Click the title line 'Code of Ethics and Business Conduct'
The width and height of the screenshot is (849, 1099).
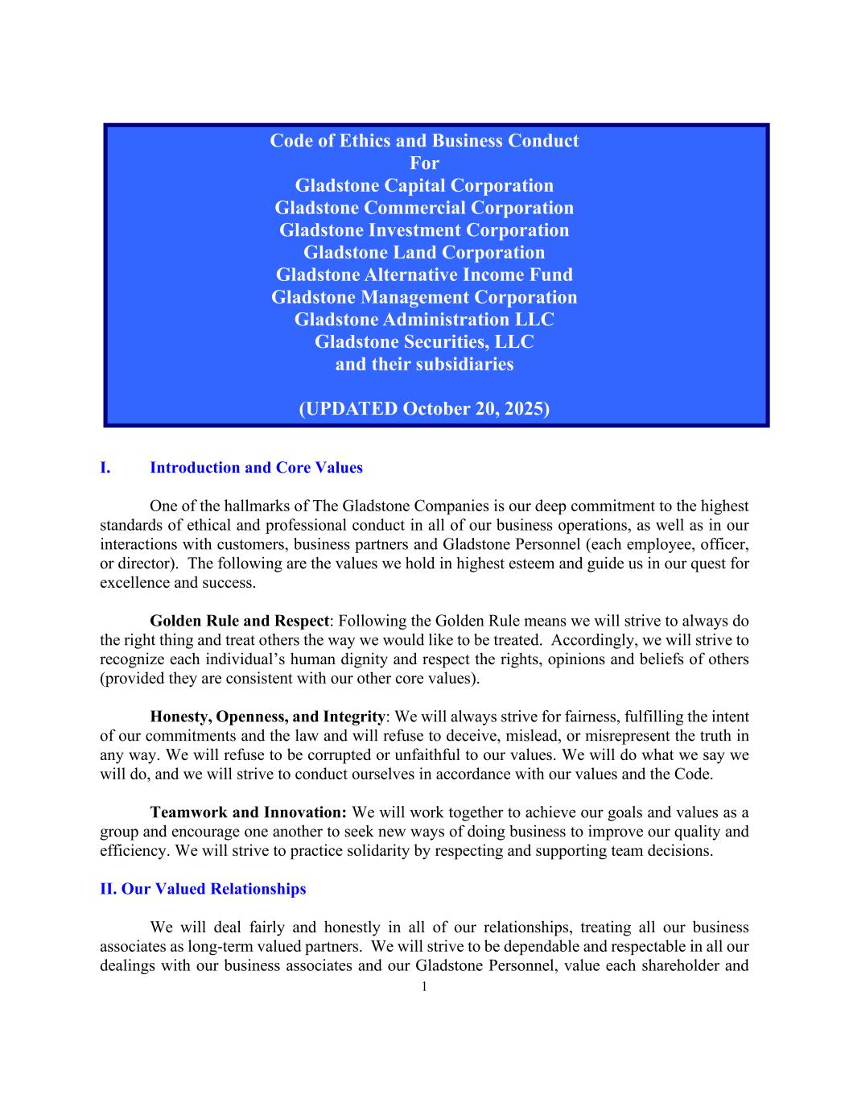424,141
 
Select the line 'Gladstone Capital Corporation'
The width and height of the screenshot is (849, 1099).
424,186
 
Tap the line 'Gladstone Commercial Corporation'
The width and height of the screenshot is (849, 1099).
424,208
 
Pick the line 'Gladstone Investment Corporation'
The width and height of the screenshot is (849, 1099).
424,230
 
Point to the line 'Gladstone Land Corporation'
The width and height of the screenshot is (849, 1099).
424,253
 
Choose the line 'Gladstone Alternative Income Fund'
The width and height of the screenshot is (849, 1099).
424,275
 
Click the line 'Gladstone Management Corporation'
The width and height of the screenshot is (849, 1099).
424,297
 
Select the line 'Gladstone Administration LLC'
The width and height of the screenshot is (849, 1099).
424,320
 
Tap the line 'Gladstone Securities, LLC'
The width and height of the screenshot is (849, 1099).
424,342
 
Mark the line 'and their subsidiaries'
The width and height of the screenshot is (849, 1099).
424,364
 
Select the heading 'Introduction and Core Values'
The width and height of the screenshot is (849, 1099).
256,468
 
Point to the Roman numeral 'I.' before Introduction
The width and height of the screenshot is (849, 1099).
105,468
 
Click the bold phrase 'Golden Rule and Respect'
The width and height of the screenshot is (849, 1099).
239,621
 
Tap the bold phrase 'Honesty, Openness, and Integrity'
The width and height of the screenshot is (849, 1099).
267,717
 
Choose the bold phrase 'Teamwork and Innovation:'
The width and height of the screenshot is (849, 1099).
248,812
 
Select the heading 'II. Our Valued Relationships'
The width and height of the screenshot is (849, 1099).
203,889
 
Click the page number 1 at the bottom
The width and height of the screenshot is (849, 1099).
424,987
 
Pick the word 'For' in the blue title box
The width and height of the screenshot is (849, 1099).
424,163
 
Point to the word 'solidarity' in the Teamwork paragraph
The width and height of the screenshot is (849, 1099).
379,851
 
